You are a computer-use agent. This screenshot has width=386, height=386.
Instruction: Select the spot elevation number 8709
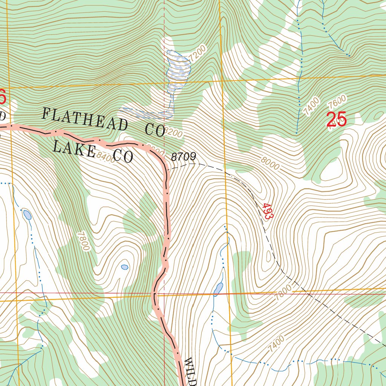coord(184,157)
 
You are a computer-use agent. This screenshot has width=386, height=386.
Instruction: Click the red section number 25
coord(336,119)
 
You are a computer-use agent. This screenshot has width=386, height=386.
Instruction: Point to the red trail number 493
coord(268,212)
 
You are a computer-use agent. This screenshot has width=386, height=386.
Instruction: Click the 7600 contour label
coord(337,102)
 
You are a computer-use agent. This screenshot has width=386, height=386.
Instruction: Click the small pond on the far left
coord(27,215)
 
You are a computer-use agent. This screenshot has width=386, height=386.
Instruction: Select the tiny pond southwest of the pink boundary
coord(124,267)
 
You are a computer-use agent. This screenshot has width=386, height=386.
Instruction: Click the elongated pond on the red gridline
coord(218,289)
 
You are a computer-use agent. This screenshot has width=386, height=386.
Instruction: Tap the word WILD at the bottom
coord(191,372)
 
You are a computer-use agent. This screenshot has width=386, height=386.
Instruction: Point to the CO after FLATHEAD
coord(155,130)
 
